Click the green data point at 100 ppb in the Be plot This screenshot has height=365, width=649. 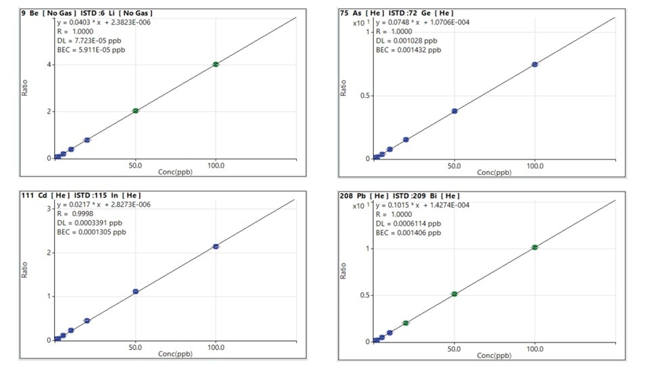(216, 64)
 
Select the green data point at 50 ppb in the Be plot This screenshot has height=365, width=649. (135, 111)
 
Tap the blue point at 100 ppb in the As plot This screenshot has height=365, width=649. (535, 64)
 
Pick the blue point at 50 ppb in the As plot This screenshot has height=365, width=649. (454, 111)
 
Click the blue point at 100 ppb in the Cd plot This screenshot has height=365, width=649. (216, 247)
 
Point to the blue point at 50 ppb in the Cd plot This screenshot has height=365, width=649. (135, 291)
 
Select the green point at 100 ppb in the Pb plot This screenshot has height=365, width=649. (535, 247)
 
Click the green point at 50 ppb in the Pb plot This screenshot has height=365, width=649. (454, 294)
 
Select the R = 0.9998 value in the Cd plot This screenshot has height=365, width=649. (74, 213)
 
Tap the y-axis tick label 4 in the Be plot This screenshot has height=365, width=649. (51, 65)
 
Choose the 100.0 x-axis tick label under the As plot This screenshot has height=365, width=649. (535, 164)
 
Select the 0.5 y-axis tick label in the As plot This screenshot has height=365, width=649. (364, 95)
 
